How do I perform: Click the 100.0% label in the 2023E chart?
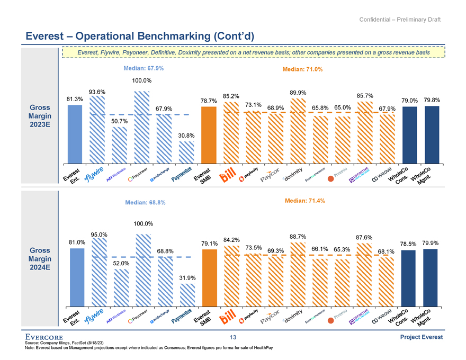(x=142, y=81)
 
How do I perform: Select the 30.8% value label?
(x=186, y=136)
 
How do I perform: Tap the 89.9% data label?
(x=298, y=92)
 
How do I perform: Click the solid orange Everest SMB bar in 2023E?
(x=209, y=134)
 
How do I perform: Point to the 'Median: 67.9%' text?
(x=143, y=69)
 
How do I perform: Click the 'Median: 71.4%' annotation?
(x=304, y=201)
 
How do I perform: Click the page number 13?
(x=233, y=337)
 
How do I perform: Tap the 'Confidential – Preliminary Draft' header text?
(x=400, y=20)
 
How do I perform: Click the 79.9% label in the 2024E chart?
(x=431, y=243)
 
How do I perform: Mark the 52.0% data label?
(x=120, y=263)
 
